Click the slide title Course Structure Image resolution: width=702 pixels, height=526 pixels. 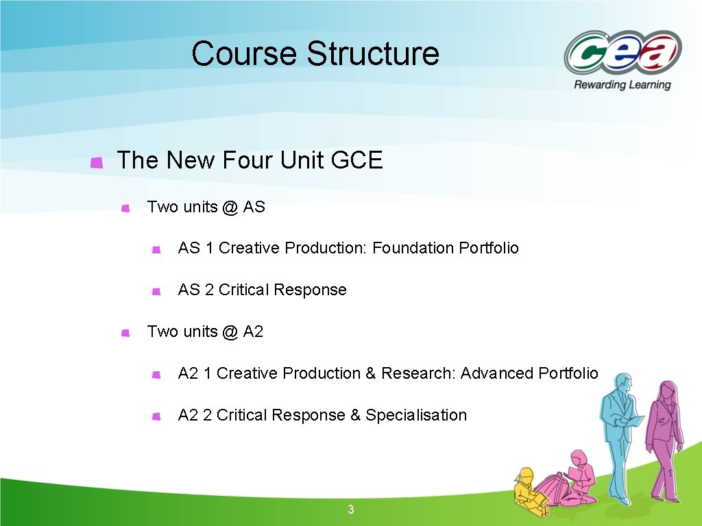[x=315, y=53]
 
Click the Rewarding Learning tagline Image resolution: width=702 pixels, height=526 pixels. [x=622, y=85]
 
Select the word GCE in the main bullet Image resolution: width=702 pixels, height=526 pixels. [x=356, y=161]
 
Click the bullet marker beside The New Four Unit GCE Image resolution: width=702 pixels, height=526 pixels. [x=97, y=162]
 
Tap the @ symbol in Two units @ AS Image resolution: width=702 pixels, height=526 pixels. [x=230, y=207]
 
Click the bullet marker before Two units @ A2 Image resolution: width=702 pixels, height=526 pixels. [x=125, y=333]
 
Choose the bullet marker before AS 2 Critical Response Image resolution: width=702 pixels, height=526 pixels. [x=156, y=291]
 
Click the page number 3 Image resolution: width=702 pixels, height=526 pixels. [x=351, y=510]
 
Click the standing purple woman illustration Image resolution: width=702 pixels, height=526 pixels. [x=664, y=438]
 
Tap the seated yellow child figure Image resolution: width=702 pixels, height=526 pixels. [x=528, y=488]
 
